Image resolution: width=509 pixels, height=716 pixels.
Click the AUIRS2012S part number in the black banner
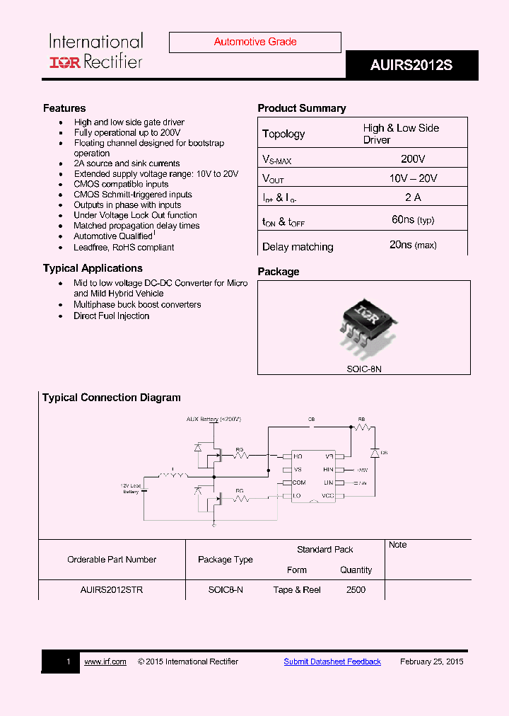(411, 66)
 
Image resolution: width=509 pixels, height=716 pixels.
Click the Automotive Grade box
(255, 42)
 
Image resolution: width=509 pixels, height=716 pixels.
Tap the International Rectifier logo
(95, 52)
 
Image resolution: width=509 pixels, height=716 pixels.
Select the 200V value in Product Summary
(413, 159)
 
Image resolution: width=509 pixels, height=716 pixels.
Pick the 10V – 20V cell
(413, 178)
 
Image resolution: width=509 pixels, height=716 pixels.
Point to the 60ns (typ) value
(413, 220)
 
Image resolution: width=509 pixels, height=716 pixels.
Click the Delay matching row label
(298, 247)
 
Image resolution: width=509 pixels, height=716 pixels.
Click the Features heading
(64, 108)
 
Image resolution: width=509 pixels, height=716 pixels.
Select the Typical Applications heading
(93, 268)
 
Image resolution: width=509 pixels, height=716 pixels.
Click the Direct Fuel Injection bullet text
(112, 316)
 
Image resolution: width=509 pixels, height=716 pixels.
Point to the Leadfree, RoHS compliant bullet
(124, 248)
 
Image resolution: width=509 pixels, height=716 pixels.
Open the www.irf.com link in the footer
(105, 662)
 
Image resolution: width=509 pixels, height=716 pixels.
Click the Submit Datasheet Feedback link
(332, 662)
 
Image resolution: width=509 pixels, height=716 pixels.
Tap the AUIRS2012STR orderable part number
(112, 590)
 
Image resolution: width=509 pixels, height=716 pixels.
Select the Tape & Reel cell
(297, 590)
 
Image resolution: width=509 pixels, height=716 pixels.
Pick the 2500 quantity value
(356, 590)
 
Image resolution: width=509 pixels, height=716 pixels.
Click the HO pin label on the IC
(298, 457)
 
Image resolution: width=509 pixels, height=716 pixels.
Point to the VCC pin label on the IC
(328, 496)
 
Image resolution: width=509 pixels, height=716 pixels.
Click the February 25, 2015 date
(432, 662)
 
